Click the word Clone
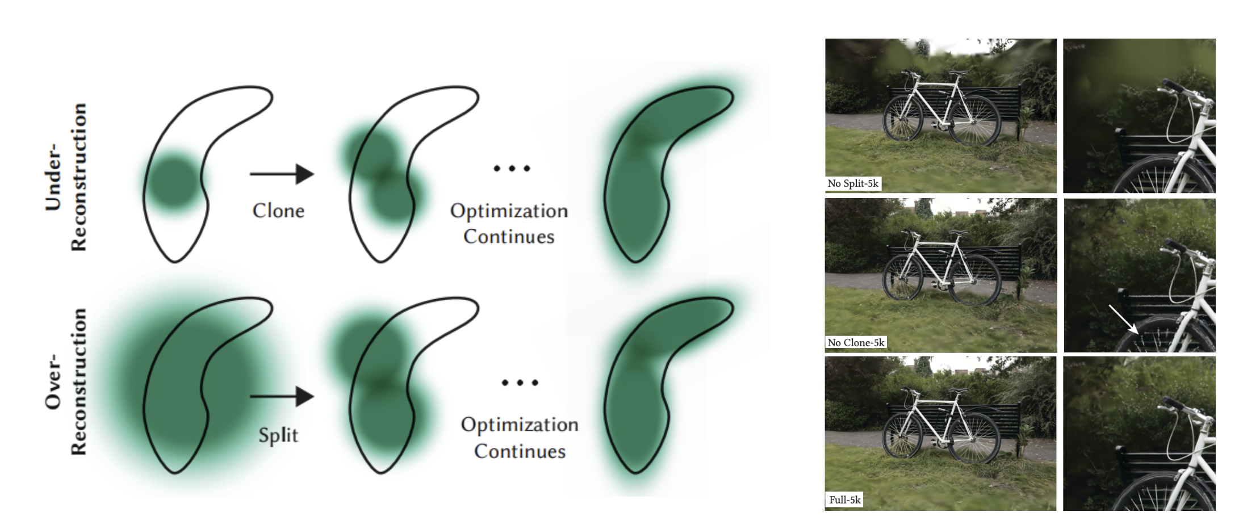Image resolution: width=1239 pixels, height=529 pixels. pos(278,211)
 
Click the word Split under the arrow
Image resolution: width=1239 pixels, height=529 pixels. pos(278,435)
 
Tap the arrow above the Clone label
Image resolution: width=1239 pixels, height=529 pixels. pos(282,174)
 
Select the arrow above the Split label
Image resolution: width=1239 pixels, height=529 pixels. pos(282,397)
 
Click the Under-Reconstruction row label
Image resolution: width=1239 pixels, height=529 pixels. pos(66,177)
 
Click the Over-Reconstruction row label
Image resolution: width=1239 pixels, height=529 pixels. pos(66,381)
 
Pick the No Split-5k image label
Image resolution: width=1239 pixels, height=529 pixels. pos(853,183)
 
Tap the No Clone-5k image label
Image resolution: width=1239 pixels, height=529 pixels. pos(856,342)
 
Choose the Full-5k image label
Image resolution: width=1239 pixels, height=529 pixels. pos(844,499)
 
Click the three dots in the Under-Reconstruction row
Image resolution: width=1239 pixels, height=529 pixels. pos(512,168)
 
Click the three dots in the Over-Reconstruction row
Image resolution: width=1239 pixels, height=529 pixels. pos(520,383)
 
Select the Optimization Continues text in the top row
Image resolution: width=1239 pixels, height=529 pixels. pos(509,223)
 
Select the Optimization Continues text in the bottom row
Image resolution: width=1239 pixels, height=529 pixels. pos(520,438)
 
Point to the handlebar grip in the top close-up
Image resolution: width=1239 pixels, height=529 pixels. pos(1171,86)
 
